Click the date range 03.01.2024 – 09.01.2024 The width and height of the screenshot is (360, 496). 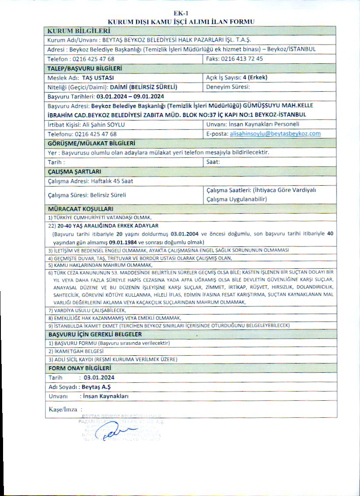130,96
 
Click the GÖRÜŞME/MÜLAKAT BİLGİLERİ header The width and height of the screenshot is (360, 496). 91,143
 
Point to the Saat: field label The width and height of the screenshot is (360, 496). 213,162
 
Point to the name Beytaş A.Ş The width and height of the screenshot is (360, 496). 96,387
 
